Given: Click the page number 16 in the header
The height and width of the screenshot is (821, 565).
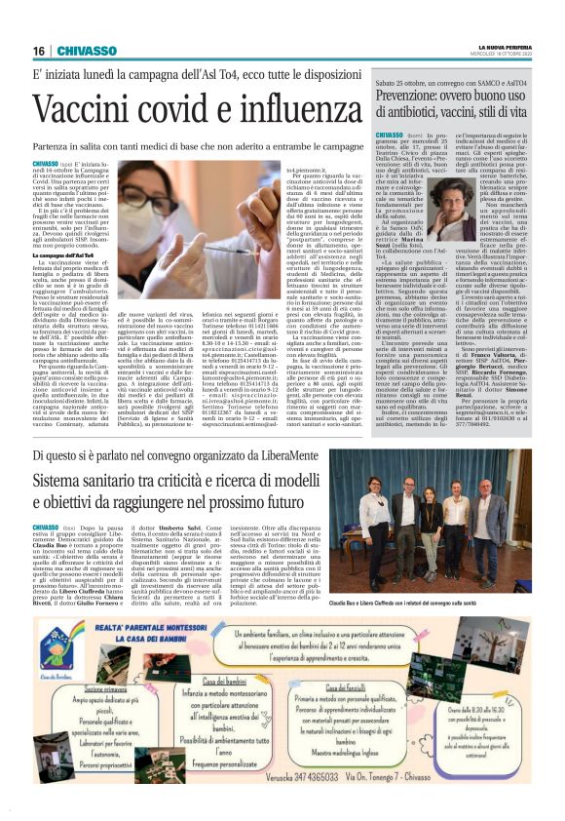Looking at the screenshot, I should (x=38, y=51).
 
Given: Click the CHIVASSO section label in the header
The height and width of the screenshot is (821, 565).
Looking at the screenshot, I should (x=94, y=51).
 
